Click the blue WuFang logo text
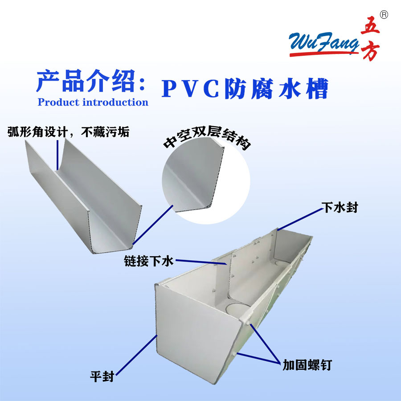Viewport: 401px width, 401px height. click(x=324, y=41)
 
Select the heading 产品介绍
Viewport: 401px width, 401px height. click(x=91, y=81)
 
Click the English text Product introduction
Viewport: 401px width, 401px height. click(x=93, y=102)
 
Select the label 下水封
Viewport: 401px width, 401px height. click(x=340, y=208)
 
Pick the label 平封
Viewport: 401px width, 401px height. click(x=102, y=377)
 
